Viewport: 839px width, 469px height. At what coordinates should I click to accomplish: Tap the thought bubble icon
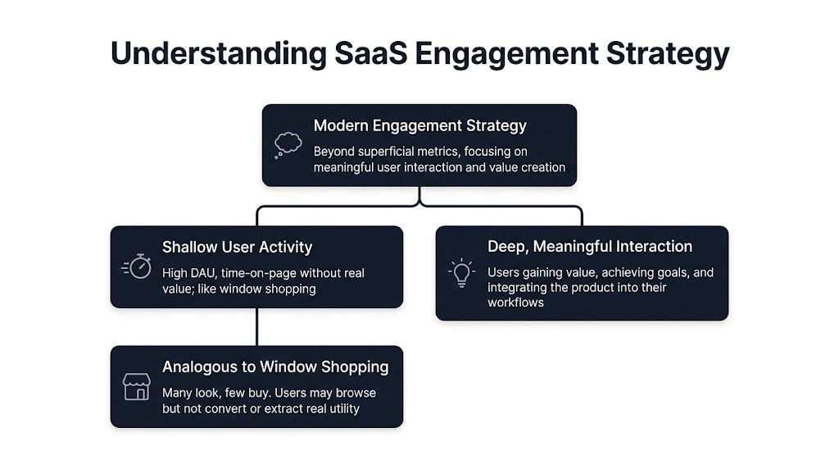pos(288,145)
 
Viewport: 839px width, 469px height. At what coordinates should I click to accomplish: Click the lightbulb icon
pos(462,273)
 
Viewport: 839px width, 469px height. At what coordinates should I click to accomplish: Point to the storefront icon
pos(136,386)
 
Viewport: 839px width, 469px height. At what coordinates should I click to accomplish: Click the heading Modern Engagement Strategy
pos(419,126)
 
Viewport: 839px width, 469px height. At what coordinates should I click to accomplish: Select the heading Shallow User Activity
pos(237,247)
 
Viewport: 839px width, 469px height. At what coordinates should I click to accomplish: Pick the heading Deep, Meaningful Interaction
pos(589,246)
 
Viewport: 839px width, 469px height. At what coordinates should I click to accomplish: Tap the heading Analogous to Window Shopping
pos(275,367)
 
